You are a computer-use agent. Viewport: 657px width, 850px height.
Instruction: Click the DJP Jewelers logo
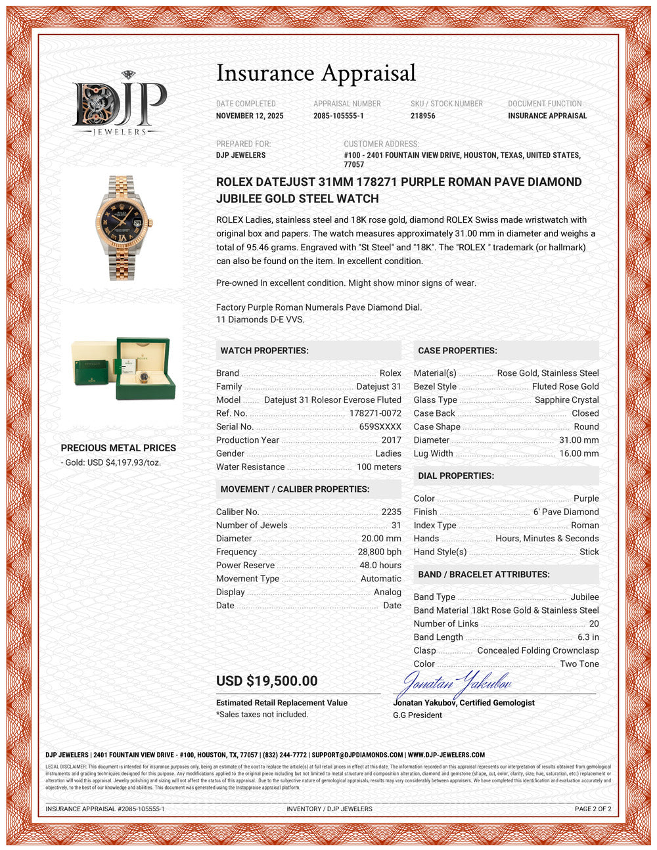(119, 104)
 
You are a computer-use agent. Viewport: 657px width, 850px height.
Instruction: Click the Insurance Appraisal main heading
(316, 73)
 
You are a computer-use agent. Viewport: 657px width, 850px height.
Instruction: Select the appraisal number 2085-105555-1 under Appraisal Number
(338, 116)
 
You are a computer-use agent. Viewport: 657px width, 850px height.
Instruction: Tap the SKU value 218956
(423, 116)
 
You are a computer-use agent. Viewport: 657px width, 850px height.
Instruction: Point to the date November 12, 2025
(250, 116)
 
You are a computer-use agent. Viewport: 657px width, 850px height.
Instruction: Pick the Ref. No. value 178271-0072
(374, 413)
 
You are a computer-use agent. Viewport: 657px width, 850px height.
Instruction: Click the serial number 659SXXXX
(380, 426)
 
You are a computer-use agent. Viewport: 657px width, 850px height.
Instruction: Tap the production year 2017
(391, 440)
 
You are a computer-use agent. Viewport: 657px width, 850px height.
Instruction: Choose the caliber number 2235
(391, 512)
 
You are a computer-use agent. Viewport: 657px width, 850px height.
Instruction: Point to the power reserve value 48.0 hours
(380, 565)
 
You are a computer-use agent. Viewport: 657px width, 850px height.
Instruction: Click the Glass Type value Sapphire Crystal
(566, 399)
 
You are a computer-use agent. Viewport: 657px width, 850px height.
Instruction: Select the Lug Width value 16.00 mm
(579, 453)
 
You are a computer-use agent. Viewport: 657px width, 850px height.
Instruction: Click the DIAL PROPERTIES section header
(456, 476)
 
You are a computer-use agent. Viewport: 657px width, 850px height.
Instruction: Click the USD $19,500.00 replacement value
(267, 681)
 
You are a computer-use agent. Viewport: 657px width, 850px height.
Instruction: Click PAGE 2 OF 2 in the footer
(593, 809)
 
